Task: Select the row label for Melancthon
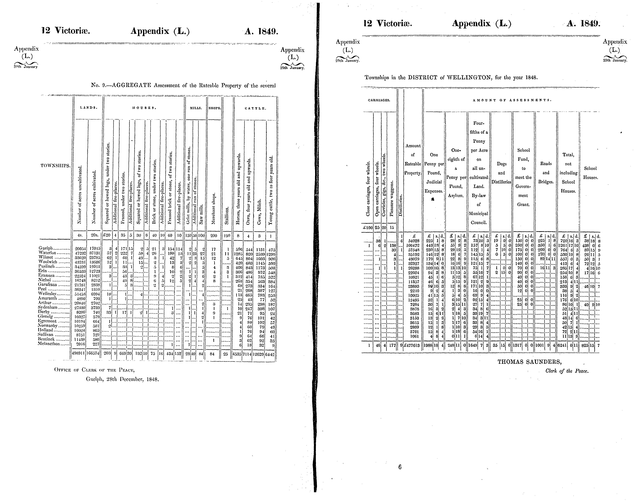coord(49,344)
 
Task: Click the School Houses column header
coord(590,173)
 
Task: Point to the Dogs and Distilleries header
coord(501,173)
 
